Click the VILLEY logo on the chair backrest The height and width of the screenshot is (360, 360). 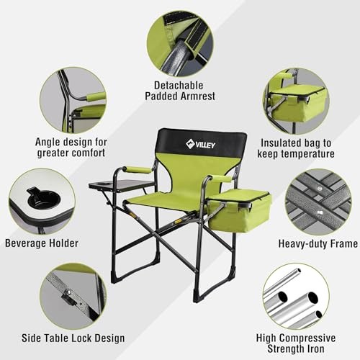point(200,144)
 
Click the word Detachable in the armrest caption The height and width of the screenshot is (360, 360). point(179,86)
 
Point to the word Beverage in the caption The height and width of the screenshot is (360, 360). point(25,243)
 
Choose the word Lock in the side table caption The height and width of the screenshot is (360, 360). point(81,338)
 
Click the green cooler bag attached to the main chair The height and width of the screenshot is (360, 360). point(239,210)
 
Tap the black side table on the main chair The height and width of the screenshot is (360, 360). point(122,186)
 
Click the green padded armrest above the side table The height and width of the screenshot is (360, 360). point(136,170)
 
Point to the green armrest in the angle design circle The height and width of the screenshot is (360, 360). point(96,96)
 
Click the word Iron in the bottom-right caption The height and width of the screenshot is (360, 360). point(316,348)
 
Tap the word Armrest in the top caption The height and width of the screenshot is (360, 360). point(198,96)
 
